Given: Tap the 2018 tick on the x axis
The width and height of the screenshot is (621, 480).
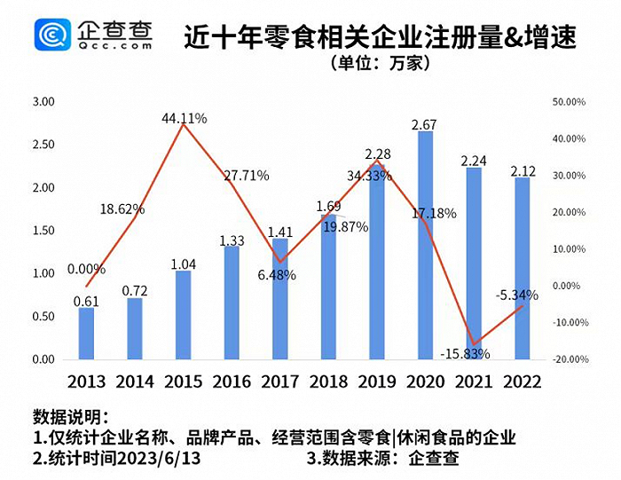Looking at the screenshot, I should pos(328,382).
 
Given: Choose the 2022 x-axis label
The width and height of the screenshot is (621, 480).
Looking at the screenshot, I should pos(523,382).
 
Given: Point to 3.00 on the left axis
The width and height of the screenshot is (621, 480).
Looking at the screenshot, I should pos(43,103).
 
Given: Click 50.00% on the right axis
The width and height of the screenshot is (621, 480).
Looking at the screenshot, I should pos(567,103).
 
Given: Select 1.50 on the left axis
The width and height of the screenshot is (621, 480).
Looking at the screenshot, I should pos(43,231).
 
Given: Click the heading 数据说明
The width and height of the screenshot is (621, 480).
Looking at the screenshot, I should pos(71,416).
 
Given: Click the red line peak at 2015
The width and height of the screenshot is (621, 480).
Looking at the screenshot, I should pos(183,125).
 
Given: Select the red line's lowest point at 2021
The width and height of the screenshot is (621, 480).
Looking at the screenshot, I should pos(475,344).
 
